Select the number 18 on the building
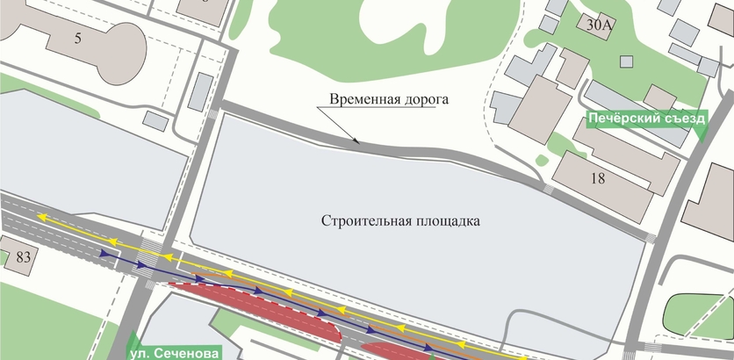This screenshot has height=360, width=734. pyautogui.click(x=598, y=179)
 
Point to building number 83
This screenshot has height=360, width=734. pyautogui.click(x=21, y=256)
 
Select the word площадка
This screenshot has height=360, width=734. pyautogui.click(x=447, y=220)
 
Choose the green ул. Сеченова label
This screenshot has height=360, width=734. pyautogui.click(x=176, y=353)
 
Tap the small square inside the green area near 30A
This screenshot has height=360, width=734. pyautogui.click(x=626, y=61)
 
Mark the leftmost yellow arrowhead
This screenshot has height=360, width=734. pyautogui.click(x=42, y=215)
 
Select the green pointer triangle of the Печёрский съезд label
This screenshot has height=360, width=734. pyautogui.click(x=702, y=133)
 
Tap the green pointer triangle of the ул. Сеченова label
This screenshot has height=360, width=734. pyautogui.click(x=133, y=340)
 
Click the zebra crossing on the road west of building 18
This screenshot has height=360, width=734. pyautogui.click(x=549, y=189)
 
